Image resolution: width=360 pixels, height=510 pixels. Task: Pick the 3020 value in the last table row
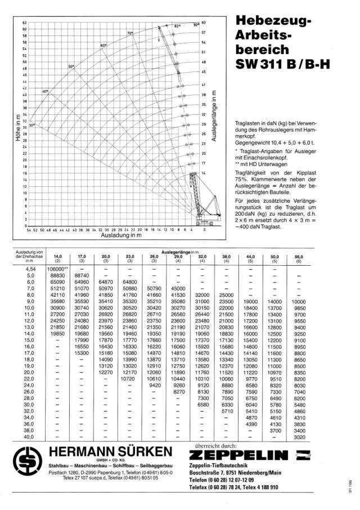(299, 437)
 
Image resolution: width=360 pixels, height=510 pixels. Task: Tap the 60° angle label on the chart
(103, 45)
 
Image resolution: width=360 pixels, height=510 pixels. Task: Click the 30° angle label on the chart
(33, 125)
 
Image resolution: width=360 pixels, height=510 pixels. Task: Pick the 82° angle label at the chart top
(177, 26)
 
